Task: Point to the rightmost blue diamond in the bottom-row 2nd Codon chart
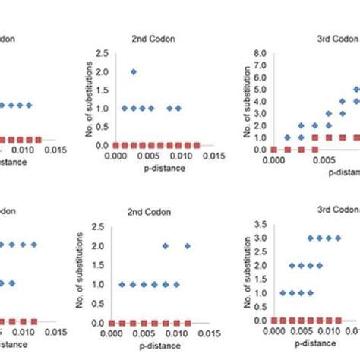tap(188, 245)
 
